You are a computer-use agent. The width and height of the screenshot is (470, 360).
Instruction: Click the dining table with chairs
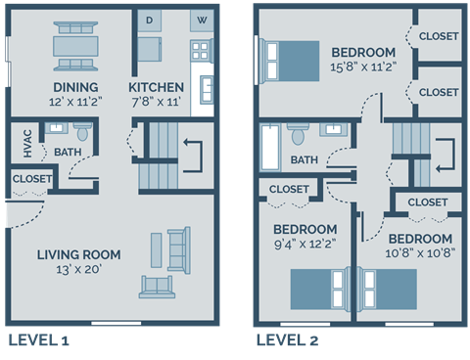pyautogui.click(x=74, y=45)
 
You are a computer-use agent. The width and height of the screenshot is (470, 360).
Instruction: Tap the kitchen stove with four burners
pyautogui.click(x=201, y=51)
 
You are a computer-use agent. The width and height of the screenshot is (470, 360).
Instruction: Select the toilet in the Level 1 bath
pyautogui.click(x=81, y=134)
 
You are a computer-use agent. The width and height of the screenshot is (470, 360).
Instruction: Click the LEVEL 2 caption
pyautogui.click(x=287, y=340)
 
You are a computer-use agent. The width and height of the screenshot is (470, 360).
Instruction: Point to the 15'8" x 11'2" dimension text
pyautogui.click(x=363, y=67)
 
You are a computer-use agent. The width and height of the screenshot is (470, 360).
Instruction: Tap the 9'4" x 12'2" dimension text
pyautogui.click(x=305, y=247)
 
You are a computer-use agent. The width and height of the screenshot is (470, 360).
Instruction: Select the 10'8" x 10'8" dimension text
pyautogui.click(x=419, y=254)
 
